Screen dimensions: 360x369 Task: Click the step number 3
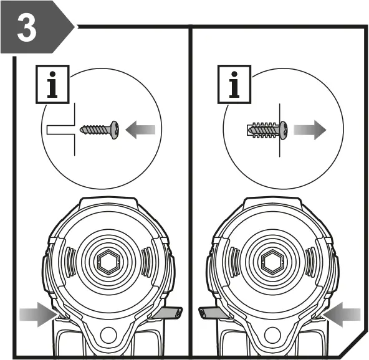(26, 29)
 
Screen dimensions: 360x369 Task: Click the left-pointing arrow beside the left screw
(140, 130)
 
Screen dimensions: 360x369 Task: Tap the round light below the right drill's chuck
(272, 336)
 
